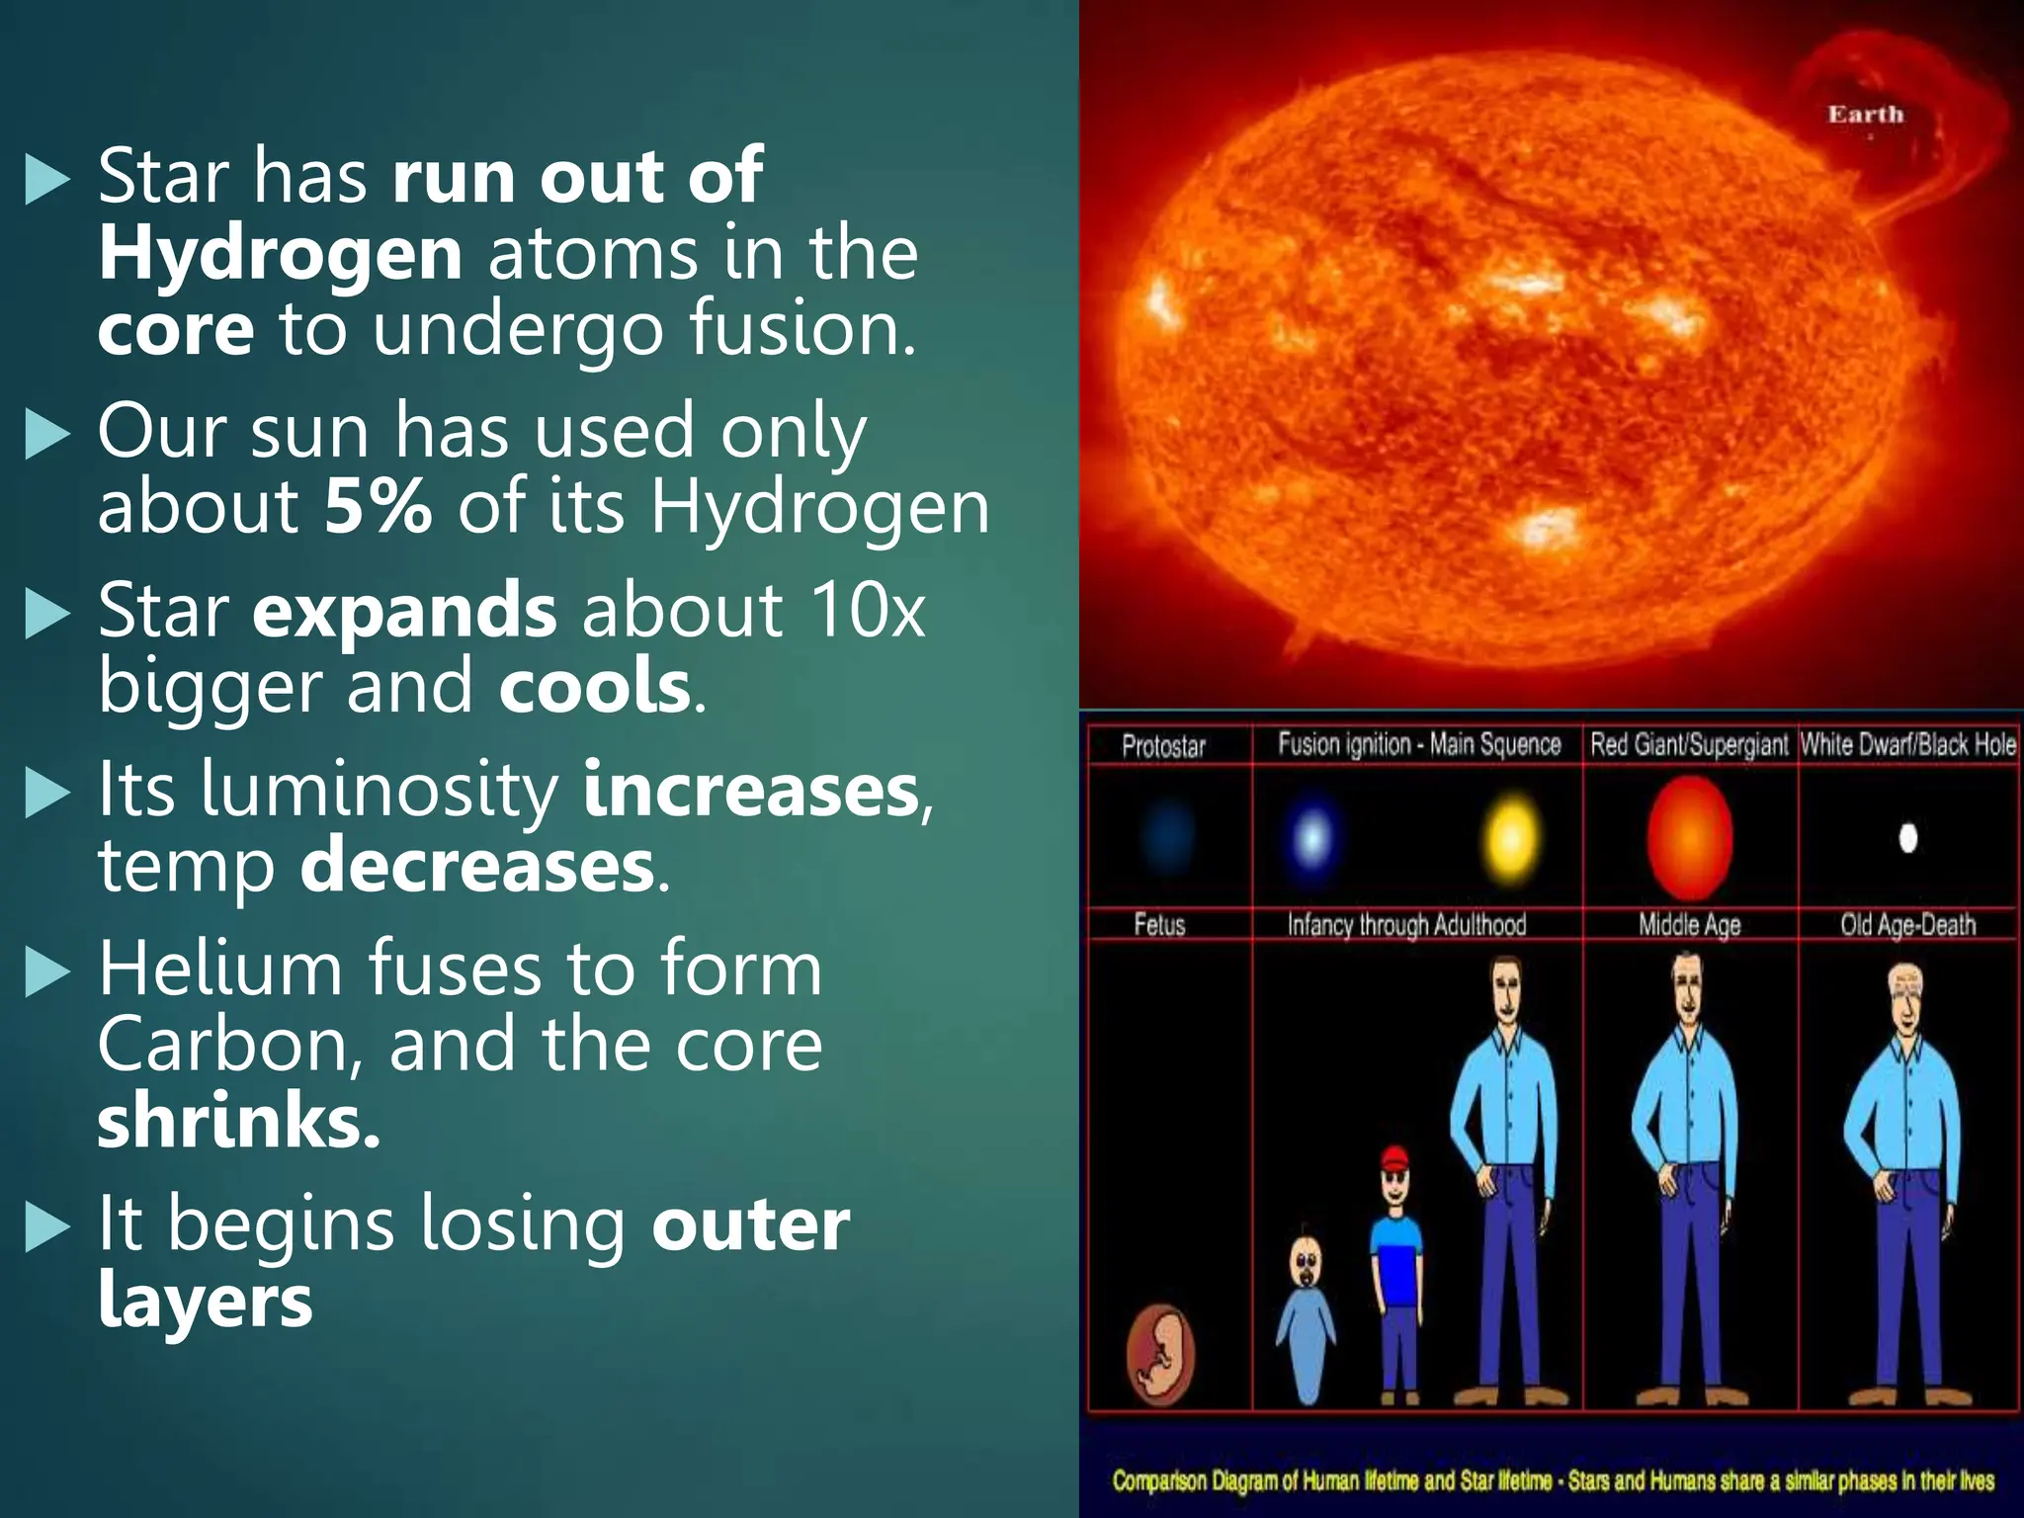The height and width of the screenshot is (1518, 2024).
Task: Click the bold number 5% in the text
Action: pyautogui.click(x=378, y=506)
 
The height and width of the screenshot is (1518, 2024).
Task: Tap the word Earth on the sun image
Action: pyautogui.click(x=1865, y=115)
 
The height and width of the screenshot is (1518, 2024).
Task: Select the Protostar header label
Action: pyautogui.click(x=1163, y=746)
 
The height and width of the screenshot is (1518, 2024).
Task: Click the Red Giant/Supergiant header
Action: pyautogui.click(x=1689, y=744)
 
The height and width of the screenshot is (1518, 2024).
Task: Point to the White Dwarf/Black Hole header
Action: pyautogui.click(x=1907, y=744)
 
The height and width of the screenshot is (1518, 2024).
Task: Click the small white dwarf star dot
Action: pyautogui.click(x=1908, y=838)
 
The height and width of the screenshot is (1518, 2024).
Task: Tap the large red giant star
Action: pyautogui.click(x=1690, y=837)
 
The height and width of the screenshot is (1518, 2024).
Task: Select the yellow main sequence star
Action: pyautogui.click(x=1512, y=837)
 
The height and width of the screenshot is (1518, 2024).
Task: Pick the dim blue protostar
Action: pyautogui.click(x=1167, y=837)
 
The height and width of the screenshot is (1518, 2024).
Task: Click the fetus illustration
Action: pyautogui.click(x=1160, y=1353)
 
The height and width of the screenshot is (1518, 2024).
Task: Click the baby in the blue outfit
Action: pyautogui.click(x=1307, y=1314)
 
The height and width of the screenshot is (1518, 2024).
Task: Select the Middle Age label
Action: pyautogui.click(x=1689, y=925)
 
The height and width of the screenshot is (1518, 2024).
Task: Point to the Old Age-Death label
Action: pyautogui.click(x=1907, y=925)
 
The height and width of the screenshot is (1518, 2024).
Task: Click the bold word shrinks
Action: pyautogui.click(x=238, y=1121)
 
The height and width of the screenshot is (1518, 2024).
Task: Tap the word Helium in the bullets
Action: pyautogui.click(x=219, y=969)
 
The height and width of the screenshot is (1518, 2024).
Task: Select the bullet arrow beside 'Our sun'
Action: pyautogui.click(x=47, y=435)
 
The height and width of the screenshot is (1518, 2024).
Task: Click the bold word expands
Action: pyautogui.click(x=404, y=612)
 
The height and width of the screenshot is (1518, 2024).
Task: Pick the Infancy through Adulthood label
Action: pyautogui.click(x=1406, y=925)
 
